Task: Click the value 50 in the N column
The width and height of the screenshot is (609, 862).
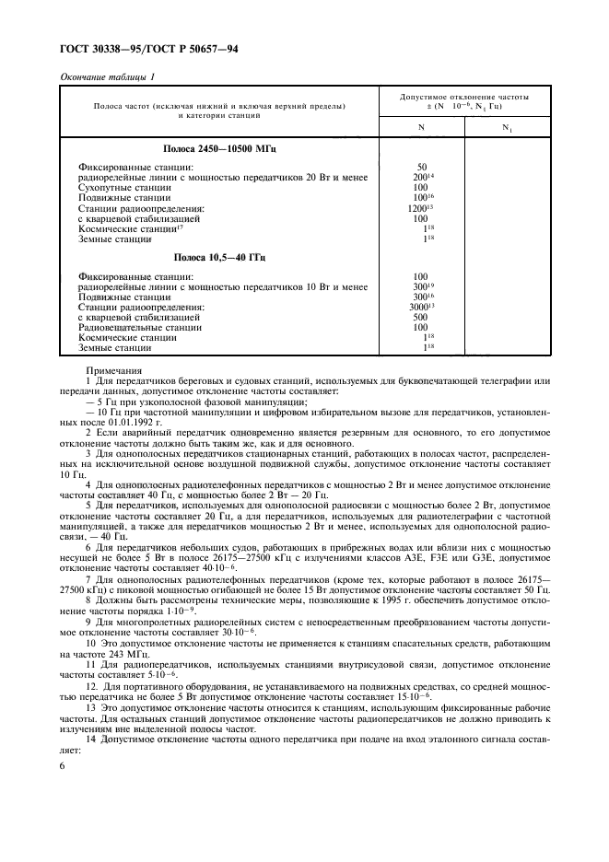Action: coord(421,167)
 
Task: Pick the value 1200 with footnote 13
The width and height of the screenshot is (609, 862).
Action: coord(423,208)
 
